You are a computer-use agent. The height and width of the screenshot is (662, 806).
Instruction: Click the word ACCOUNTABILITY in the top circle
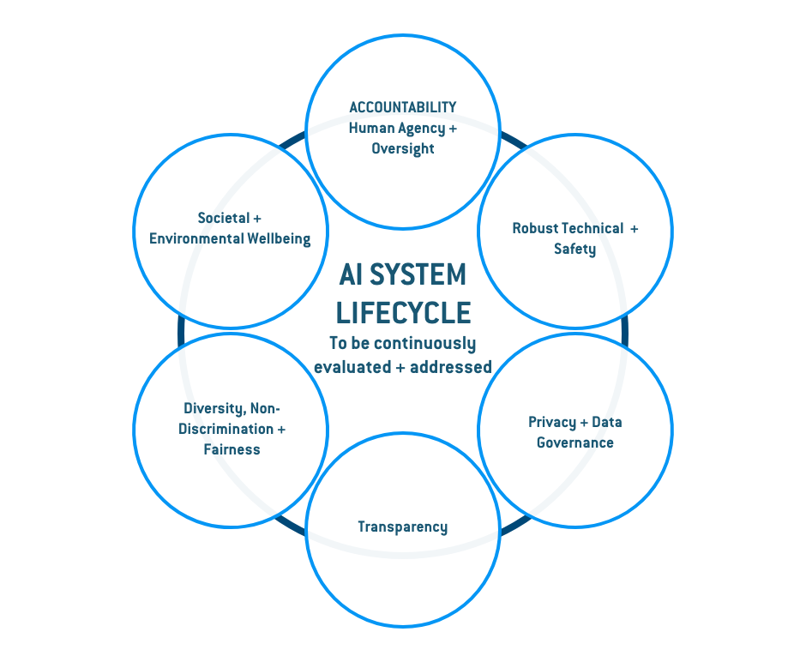click(402, 107)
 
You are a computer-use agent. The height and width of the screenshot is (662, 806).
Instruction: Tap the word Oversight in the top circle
click(402, 148)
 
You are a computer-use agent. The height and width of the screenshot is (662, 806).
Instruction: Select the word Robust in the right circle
click(536, 228)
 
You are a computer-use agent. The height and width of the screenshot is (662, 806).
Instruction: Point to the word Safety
click(574, 249)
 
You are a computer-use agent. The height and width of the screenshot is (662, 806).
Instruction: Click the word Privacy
click(552, 422)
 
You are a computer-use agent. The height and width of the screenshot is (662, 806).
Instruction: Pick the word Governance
click(574, 442)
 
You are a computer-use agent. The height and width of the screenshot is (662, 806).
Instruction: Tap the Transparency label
click(402, 527)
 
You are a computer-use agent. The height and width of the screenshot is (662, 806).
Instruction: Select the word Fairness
click(232, 449)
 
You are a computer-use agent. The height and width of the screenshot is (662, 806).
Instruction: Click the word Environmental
click(190, 238)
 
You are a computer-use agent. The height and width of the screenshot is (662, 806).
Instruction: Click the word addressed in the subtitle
click(451, 366)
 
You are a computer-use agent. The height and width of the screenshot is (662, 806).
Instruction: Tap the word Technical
click(592, 228)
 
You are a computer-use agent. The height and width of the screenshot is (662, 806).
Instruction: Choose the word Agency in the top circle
click(421, 128)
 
